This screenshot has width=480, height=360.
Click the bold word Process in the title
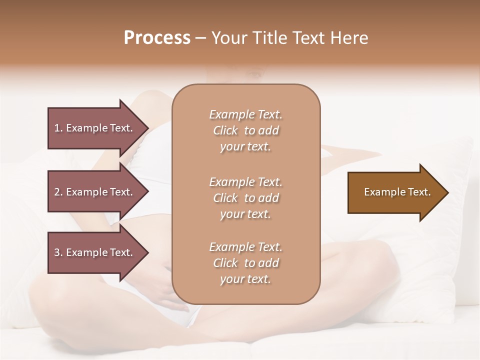(x=157, y=38)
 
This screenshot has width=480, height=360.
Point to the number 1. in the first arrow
(x=58, y=128)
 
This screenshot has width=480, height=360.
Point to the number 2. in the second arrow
(x=58, y=192)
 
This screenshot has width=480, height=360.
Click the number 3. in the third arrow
(x=58, y=252)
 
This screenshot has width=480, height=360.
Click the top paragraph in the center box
(x=245, y=130)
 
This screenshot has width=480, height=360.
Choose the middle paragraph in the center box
(x=245, y=198)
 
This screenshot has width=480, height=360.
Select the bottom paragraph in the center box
(x=245, y=263)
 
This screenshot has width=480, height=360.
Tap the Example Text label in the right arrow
(x=397, y=192)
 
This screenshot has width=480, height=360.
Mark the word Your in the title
(x=228, y=38)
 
